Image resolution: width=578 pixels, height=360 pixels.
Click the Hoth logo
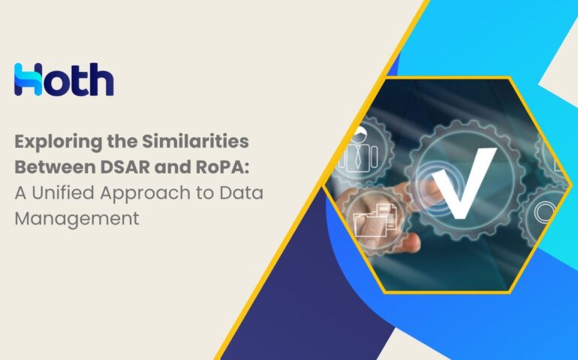[x=64, y=79]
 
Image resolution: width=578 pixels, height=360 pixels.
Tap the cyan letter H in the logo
[x=28, y=79]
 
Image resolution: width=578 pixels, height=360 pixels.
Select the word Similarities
[x=195, y=141]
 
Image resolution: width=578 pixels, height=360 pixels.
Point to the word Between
[x=54, y=167]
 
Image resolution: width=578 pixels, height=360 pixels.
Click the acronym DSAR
[x=125, y=167]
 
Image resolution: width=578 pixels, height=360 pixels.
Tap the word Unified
[x=62, y=193]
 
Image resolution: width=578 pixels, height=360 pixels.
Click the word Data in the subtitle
[x=242, y=193]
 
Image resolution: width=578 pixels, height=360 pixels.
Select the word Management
[x=77, y=219]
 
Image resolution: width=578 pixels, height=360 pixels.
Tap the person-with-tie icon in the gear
[x=358, y=150]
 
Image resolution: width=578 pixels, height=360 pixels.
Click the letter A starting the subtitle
[x=21, y=193]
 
